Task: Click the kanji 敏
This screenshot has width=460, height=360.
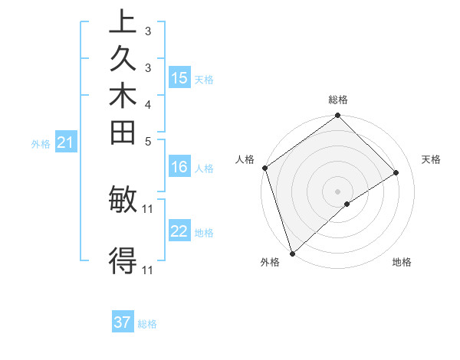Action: [123, 200]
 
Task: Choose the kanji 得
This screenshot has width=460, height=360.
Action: [123, 261]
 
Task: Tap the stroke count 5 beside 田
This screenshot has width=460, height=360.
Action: [147, 141]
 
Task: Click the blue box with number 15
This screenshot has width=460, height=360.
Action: [179, 78]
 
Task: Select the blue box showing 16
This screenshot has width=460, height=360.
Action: [179, 168]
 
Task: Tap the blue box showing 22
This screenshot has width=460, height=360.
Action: [179, 231]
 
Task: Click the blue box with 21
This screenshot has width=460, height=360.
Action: [66, 142]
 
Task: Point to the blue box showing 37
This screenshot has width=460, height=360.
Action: [123, 322]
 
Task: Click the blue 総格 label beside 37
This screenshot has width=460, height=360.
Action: [147, 324]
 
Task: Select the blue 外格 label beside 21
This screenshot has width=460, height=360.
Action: [41, 143]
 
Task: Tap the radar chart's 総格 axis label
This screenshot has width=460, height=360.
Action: [337, 100]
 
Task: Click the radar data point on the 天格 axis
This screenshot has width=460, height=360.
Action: [396, 173]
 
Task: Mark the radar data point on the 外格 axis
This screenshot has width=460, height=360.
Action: [291, 253]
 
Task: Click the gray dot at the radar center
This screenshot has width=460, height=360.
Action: [337, 191]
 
